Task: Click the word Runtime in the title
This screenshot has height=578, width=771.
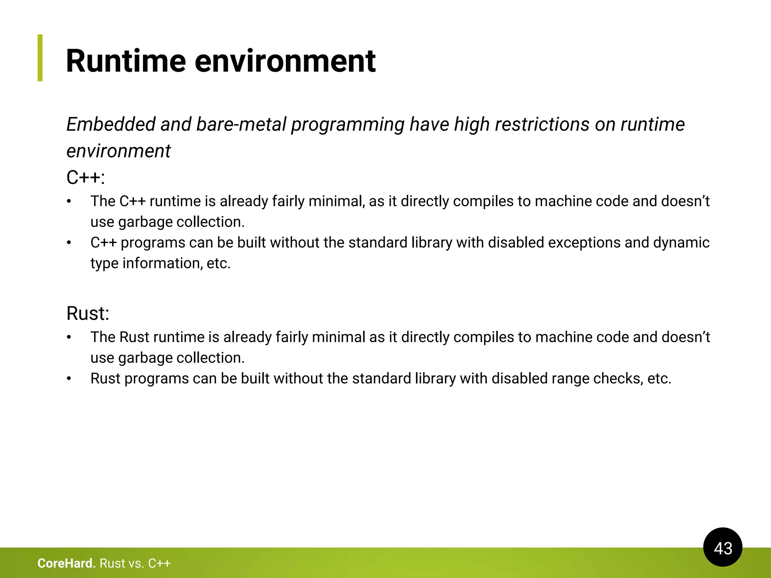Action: (x=126, y=61)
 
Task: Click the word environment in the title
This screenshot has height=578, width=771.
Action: (x=285, y=61)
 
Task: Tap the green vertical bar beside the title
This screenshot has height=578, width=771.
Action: (x=40, y=58)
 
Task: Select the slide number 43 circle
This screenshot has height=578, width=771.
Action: (x=722, y=548)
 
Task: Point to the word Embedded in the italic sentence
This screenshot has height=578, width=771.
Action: (x=111, y=124)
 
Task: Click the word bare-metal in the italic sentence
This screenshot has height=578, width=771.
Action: (x=241, y=124)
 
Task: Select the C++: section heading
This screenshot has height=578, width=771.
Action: (x=85, y=177)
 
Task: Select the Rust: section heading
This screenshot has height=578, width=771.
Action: (x=88, y=313)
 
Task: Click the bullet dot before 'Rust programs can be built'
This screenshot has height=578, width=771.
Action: (x=69, y=379)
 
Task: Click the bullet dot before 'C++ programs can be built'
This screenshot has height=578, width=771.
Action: (x=69, y=243)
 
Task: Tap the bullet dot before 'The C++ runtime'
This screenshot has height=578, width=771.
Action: (x=69, y=201)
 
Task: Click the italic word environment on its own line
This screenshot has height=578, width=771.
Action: (x=118, y=151)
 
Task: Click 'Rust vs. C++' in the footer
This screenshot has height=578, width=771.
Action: (x=135, y=563)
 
